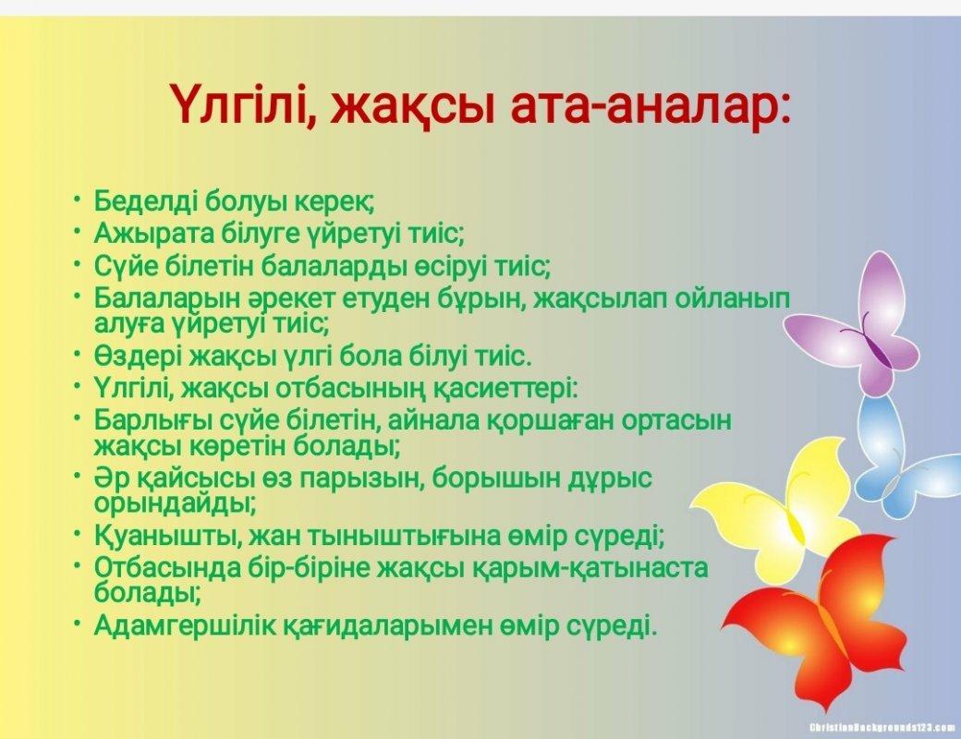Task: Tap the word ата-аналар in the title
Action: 650,104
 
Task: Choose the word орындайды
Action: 175,504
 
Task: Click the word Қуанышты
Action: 162,536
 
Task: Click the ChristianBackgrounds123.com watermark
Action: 882,727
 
